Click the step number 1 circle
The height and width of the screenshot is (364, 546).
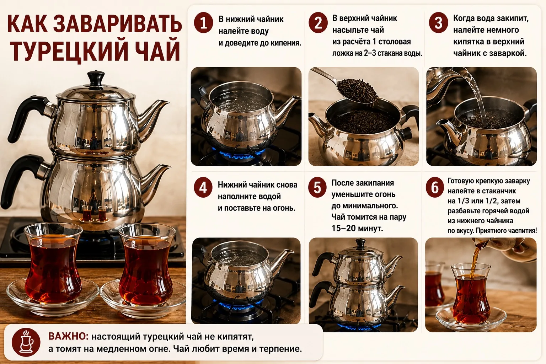tap(203, 23)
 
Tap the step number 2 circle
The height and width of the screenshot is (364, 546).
tap(318, 23)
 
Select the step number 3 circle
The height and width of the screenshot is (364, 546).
tap(438, 23)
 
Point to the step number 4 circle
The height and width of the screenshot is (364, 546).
tap(203, 187)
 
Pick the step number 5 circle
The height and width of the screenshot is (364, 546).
tap(317, 187)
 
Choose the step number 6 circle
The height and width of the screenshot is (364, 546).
tap(435, 187)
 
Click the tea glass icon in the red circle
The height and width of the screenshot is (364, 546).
tap(26, 342)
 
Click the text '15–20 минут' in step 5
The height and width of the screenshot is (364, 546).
tap(357, 228)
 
